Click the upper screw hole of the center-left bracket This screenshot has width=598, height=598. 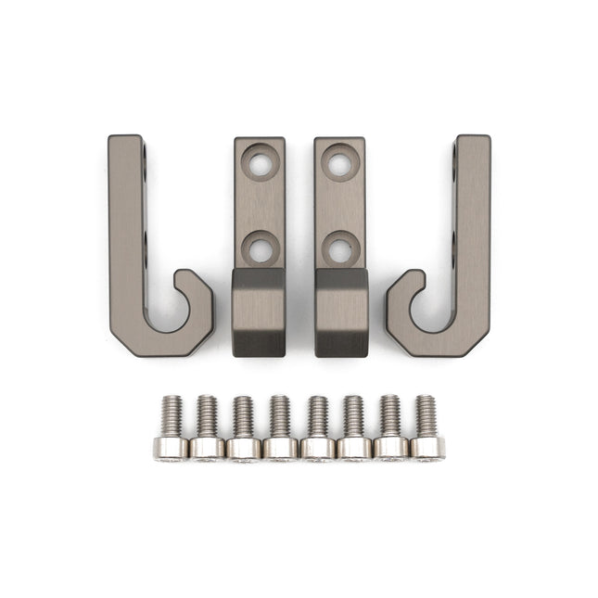(x=260, y=162)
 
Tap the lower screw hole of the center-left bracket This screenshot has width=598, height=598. (x=260, y=248)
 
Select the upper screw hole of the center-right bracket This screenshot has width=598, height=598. (x=340, y=162)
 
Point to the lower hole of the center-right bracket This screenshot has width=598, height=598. (x=340, y=248)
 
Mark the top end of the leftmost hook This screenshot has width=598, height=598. (x=125, y=145)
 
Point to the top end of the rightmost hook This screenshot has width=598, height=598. (x=472, y=145)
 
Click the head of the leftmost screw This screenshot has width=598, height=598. (x=171, y=448)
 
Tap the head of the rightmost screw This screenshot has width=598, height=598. (x=427, y=448)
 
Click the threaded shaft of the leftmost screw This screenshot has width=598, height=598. (x=171, y=416)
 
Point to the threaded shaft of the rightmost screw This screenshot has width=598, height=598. (x=426, y=415)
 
